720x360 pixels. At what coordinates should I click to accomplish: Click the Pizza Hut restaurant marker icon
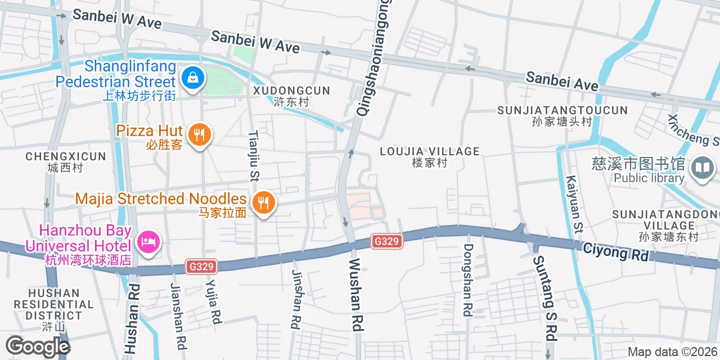click(199, 135)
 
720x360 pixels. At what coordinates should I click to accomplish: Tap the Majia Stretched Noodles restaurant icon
click(263, 202)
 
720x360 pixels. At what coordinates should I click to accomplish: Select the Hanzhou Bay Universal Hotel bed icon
click(148, 243)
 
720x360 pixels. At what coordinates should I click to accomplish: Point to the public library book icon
click(702, 168)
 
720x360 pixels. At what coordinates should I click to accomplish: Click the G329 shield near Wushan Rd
click(387, 241)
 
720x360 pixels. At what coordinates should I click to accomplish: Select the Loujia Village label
click(430, 156)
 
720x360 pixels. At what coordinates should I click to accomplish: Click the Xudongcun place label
click(291, 96)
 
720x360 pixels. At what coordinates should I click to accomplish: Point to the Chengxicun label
click(66, 161)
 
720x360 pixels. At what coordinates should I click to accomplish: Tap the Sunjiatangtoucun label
click(562, 115)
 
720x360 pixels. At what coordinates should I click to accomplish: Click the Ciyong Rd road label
click(615, 251)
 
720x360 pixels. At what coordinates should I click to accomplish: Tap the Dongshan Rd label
click(468, 280)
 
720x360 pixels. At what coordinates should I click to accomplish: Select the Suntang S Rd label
click(546, 298)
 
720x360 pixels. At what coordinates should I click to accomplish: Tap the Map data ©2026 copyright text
click(672, 352)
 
